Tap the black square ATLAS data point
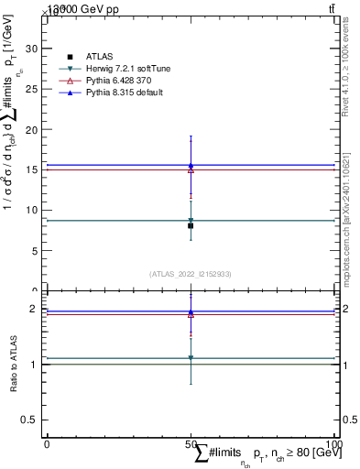[x=191, y=225]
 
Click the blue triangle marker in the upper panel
[x=191, y=165]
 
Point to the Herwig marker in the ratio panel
[x=191, y=358]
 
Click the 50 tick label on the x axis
[x=191, y=444]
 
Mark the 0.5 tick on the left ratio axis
[x=28, y=420]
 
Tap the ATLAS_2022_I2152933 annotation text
[x=191, y=273]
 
